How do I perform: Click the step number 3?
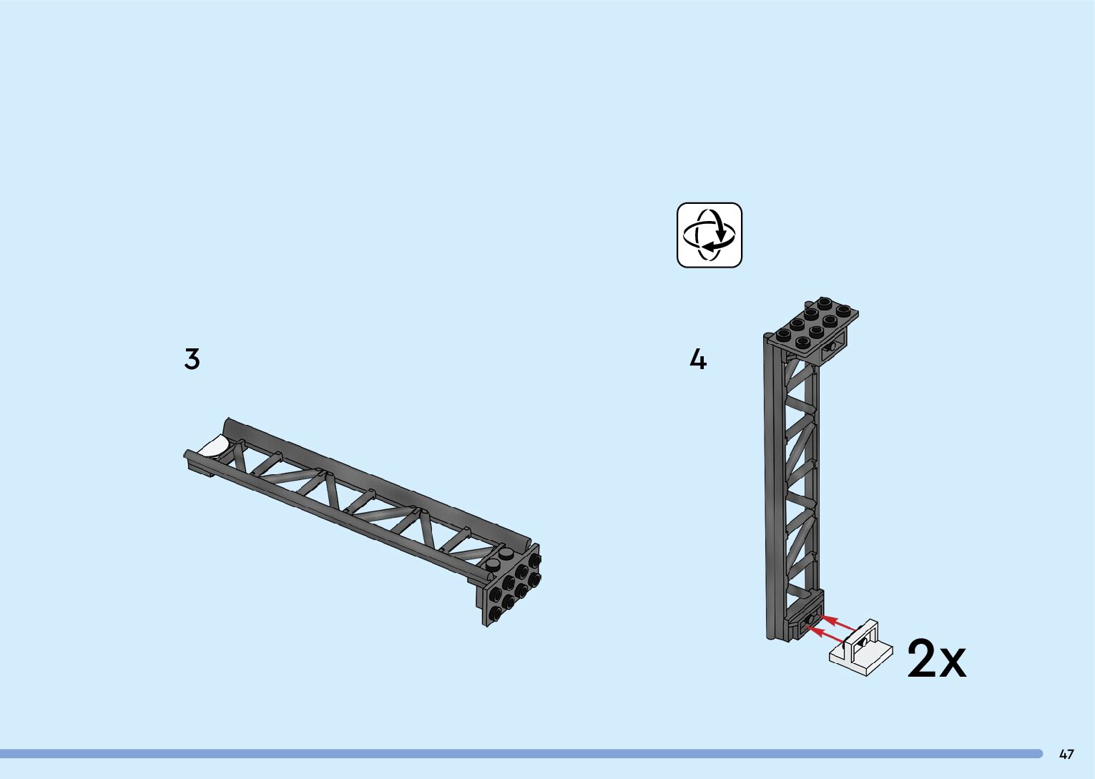point(192,358)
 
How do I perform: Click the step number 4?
point(697,359)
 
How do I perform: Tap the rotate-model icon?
point(709,235)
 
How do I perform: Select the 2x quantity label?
point(936,659)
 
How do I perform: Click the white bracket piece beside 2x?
point(861,648)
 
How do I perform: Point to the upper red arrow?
point(837,622)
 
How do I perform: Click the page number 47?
point(1066,754)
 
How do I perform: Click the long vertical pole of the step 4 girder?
point(772,486)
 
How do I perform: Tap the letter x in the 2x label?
point(952,663)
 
